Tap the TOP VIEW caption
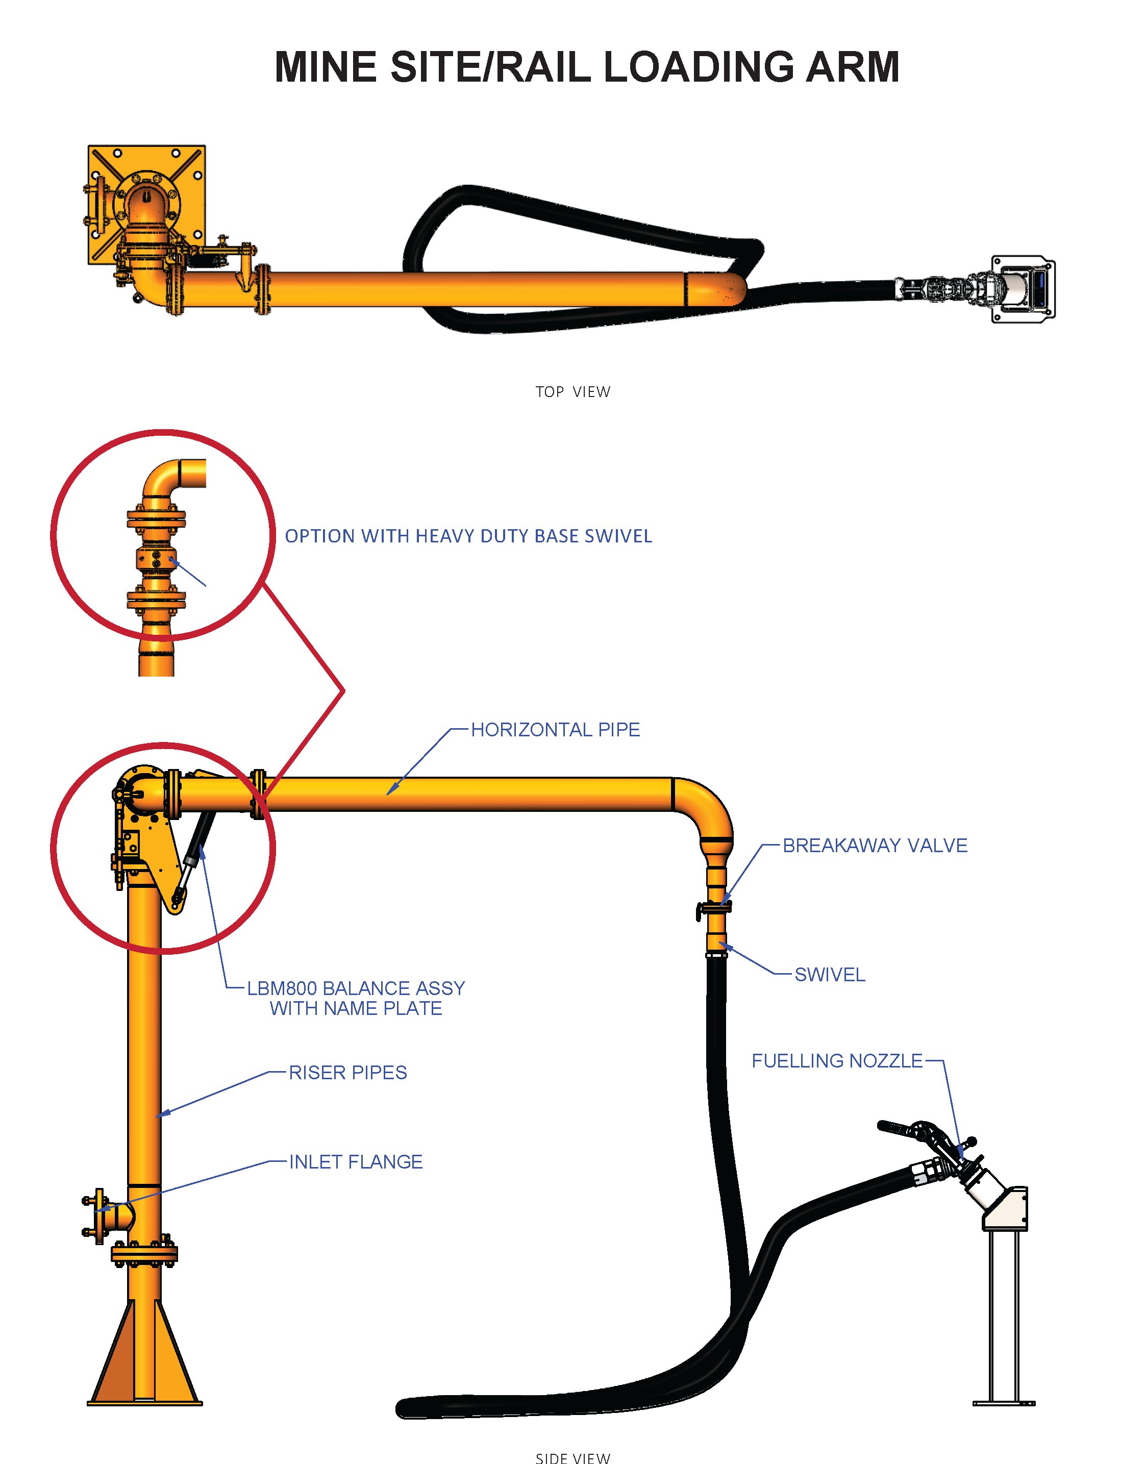click(572, 392)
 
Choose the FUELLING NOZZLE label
click(837, 1061)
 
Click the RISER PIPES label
click(347, 1073)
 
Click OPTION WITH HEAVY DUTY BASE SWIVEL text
click(468, 536)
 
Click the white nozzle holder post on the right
click(1004, 1314)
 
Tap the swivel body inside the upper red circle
click(156, 558)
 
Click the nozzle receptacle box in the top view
click(1024, 289)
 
